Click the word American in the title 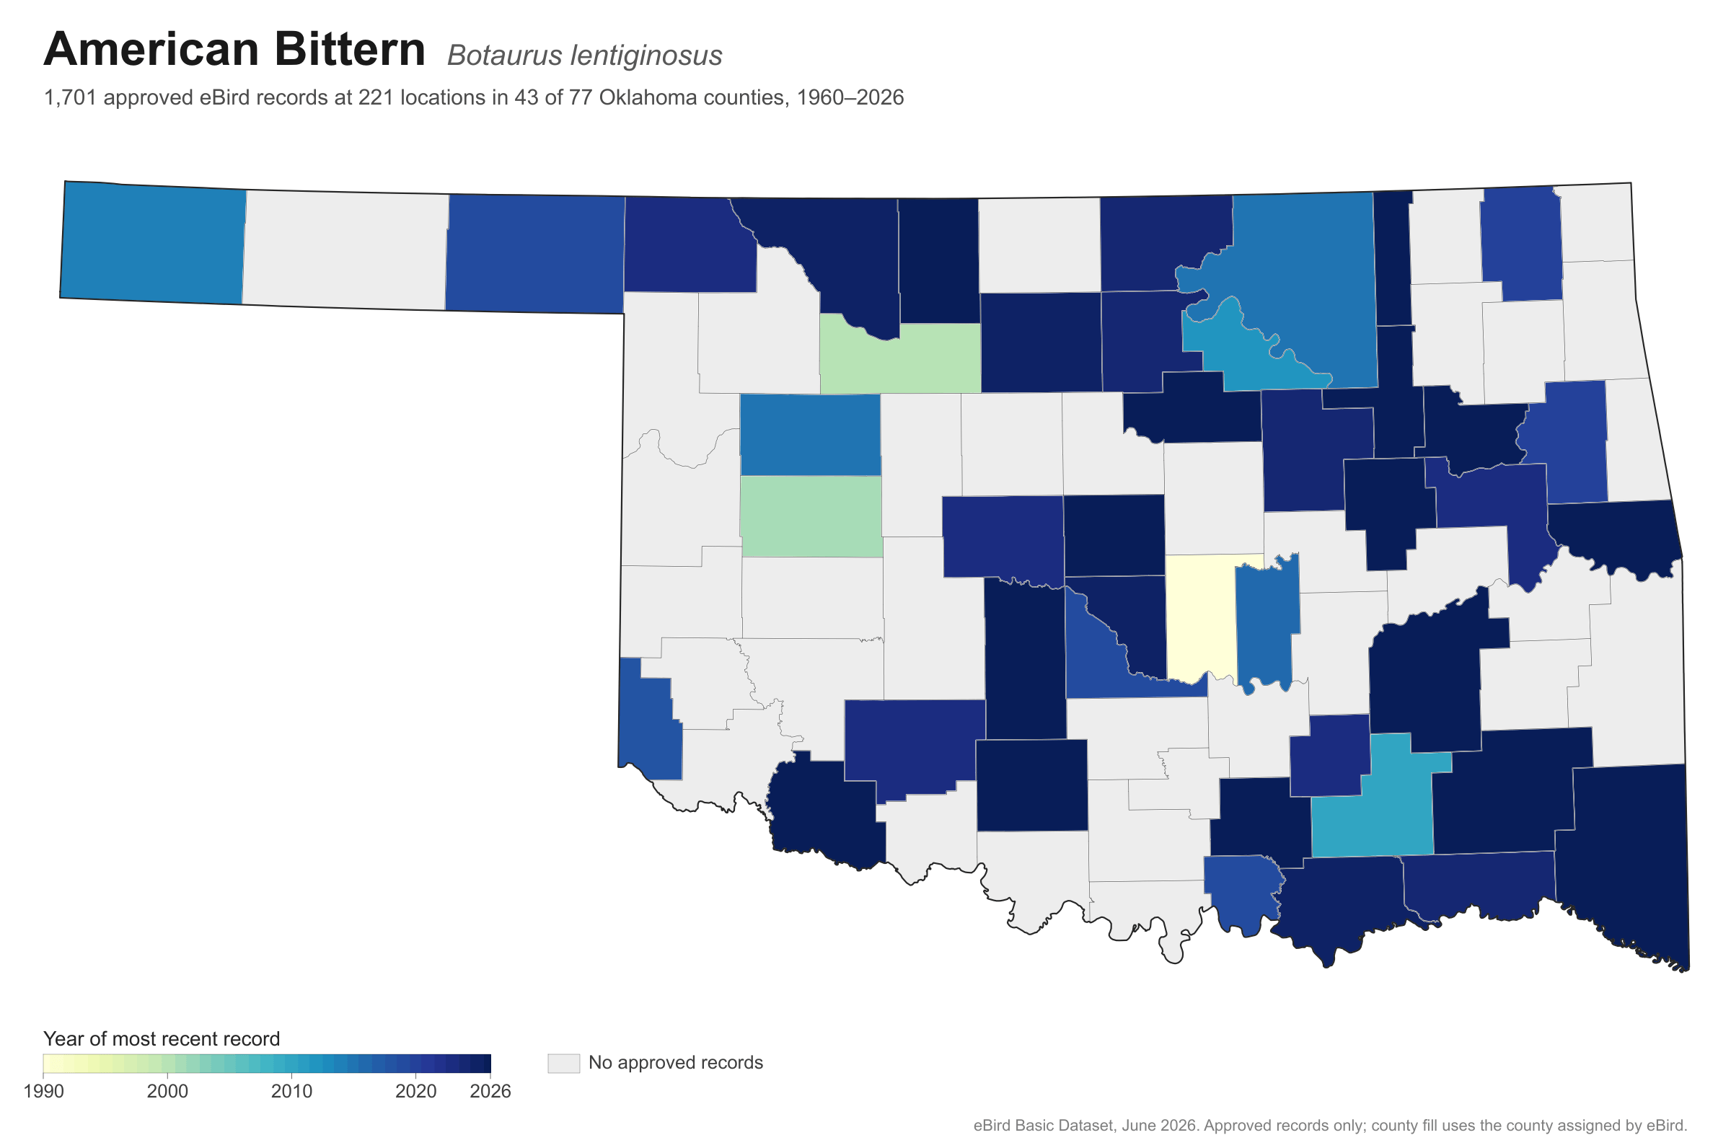(151, 49)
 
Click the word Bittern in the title (350, 49)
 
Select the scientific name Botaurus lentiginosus (584, 56)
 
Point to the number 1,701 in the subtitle (70, 97)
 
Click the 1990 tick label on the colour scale (43, 1091)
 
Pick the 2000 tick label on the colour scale (167, 1091)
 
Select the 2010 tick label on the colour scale (291, 1091)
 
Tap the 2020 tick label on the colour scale (416, 1091)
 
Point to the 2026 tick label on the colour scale (490, 1091)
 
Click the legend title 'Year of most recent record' (162, 1038)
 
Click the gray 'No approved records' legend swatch (563, 1063)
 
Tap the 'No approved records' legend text (675, 1062)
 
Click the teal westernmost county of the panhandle (152, 243)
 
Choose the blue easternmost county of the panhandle (535, 254)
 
